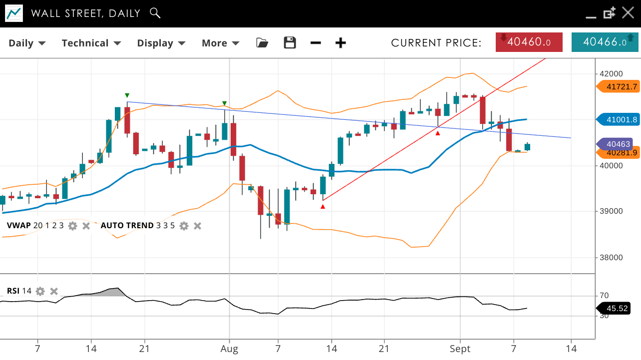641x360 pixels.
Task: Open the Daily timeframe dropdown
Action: click(x=27, y=43)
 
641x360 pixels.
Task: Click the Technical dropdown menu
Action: click(x=91, y=43)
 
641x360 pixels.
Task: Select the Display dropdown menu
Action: click(x=161, y=43)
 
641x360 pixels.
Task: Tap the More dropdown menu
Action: click(x=220, y=43)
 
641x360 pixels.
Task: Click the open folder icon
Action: click(x=262, y=43)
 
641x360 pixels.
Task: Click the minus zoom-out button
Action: click(x=316, y=43)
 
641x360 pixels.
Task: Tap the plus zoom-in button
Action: click(x=340, y=43)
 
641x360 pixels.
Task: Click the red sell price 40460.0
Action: click(x=529, y=42)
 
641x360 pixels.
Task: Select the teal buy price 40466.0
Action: click(x=605, y=42)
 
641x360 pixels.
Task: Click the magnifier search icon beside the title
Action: click(x=155, y=13)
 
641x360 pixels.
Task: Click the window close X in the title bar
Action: click(x=628, y=13)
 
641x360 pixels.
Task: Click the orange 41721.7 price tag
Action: click(x=619, y=87)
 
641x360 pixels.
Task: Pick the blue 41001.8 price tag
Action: click(x=619, y=120)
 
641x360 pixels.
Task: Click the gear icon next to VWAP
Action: click(x=73, y=226)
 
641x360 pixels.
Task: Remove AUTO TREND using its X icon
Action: click(x=198, y=226)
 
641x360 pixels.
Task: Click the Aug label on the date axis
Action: click(x=229, y=348)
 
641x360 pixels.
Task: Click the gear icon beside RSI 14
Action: click(x=40, y=291)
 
